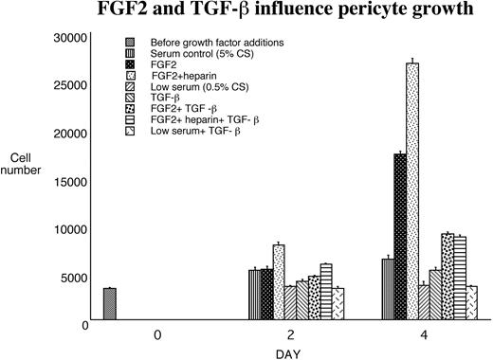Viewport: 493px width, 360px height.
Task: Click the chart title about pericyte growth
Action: point(246,13)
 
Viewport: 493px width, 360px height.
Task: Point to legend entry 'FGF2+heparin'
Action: point(181,76)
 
